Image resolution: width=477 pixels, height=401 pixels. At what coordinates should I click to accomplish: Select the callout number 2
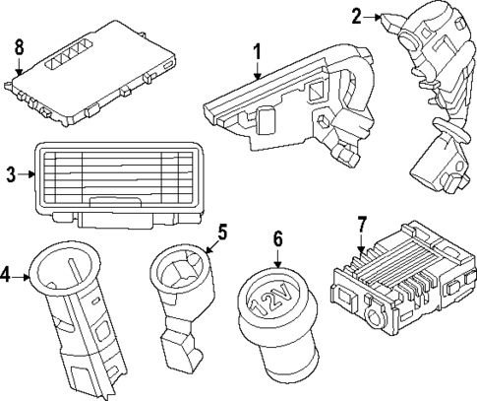[357, 15]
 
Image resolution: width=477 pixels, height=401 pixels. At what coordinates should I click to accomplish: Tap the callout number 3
[11, 175]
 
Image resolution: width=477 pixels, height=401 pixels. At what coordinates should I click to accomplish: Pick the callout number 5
[222, 234]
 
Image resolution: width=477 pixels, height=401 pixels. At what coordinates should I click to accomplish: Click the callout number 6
[278, 238]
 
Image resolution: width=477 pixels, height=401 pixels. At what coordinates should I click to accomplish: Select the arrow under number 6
[278, 259]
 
